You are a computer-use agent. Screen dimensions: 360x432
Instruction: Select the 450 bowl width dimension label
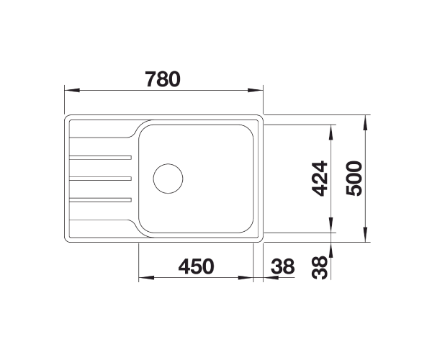click(196, 267)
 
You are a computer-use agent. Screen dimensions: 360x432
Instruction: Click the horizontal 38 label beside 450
click(283, 267)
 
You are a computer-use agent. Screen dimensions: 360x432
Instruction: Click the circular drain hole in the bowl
click(168, 177)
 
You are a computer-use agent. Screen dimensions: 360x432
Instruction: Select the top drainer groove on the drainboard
click(100, 156)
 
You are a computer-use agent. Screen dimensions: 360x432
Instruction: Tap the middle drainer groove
click(100, 177)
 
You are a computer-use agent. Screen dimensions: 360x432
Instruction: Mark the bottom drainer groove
click(100, 198)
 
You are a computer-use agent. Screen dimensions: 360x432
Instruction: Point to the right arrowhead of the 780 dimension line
click(257, 91)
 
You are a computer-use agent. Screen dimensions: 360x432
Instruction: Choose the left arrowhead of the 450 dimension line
click(142, 279)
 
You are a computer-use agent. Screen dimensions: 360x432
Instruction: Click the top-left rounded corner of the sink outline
click(68, 117)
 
